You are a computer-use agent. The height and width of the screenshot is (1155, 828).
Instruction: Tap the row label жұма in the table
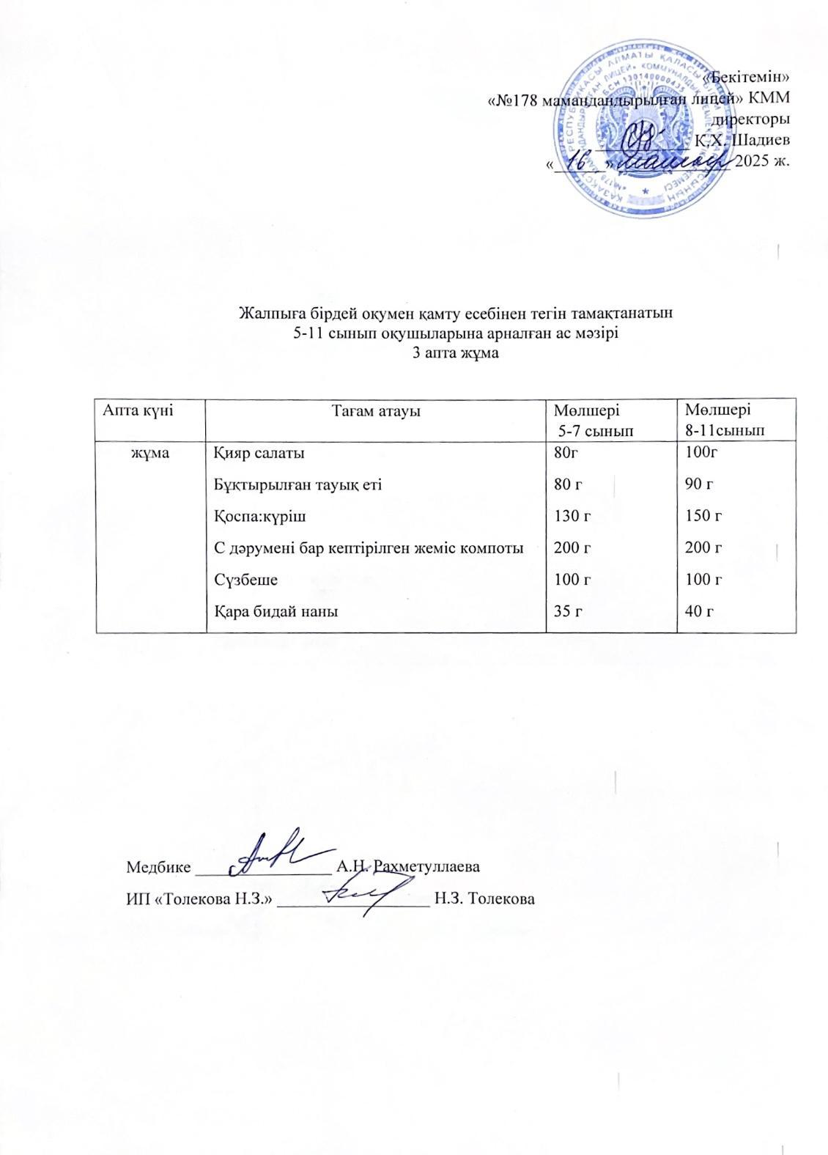pos(150,453)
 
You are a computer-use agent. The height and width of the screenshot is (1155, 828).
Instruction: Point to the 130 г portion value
pos(574,517)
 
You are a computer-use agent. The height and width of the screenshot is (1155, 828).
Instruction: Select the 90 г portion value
pos(698,484)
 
